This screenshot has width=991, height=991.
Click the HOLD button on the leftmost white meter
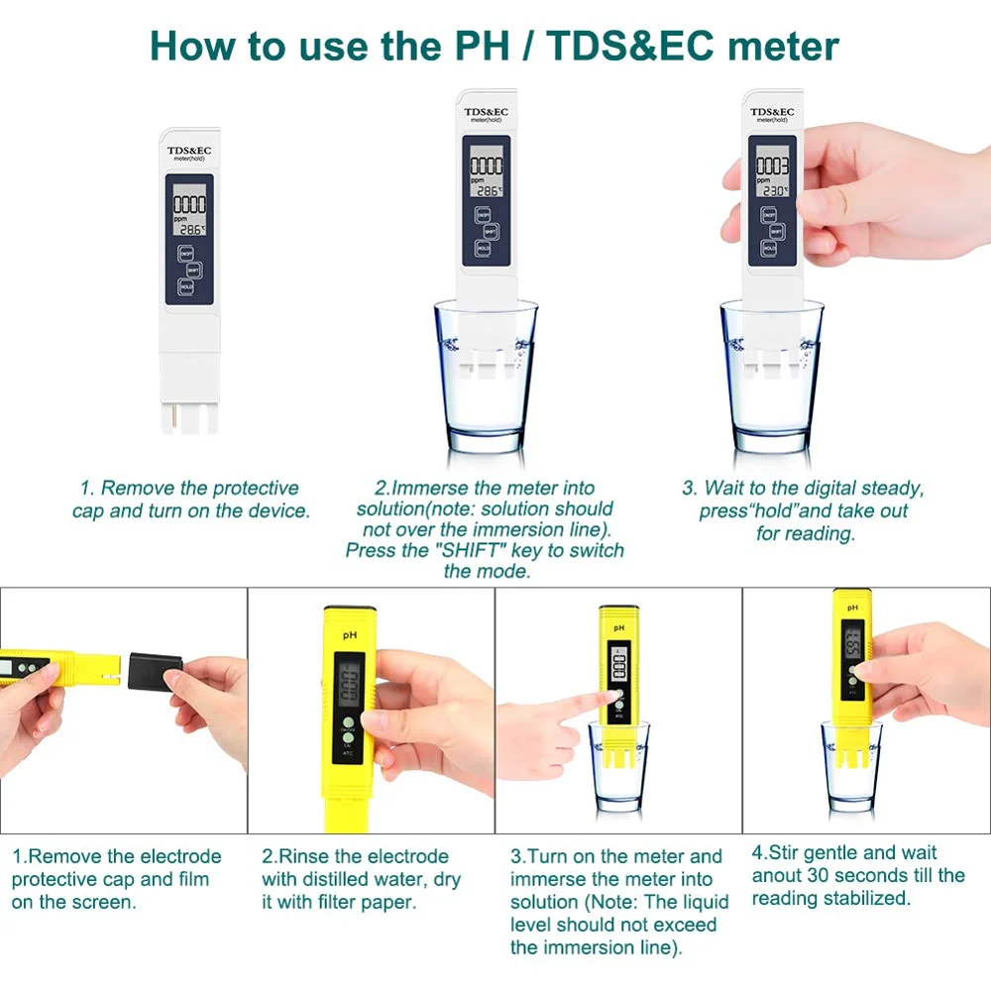(x=186, y=287)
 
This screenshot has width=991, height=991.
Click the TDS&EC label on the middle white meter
(x=488, y=111)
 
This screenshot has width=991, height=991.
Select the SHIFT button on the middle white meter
(x=490, y=231)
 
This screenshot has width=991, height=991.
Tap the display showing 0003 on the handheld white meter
(x=773, y=173)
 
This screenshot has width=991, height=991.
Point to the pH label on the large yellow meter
(x=349, y=634)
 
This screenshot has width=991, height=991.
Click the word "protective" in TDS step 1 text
(x=249, y=488)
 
